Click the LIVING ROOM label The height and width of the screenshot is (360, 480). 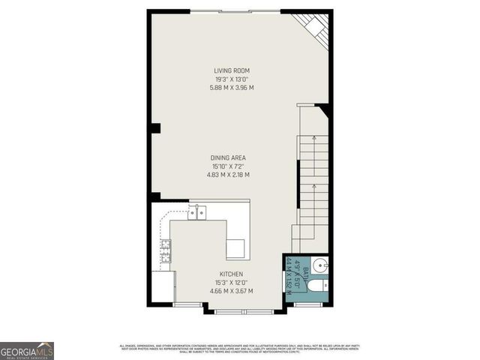pyautogui.click(x=232, y=71)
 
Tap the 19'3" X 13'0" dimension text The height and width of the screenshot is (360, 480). pyautogui.click(x=232, y=79)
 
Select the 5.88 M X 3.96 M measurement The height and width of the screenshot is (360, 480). pyautogui.click(x=232, y=88)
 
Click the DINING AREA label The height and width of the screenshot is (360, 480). pyautogui.click(x=228, y=157)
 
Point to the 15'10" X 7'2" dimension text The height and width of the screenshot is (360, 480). pyautogui.click(x=228, y=166)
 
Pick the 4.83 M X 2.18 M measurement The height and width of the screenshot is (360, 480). pyautogui.click(x=228, y=175)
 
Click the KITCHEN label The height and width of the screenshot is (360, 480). pyautogui.click(x=231, y=274)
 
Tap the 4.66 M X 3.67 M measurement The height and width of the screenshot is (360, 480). pyautogui.click(x=231, y=291)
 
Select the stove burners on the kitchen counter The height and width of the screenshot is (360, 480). pyautogui.click(x=165, y=250)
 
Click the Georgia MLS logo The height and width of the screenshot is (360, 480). pyautogui.click(x=27, y=350)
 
